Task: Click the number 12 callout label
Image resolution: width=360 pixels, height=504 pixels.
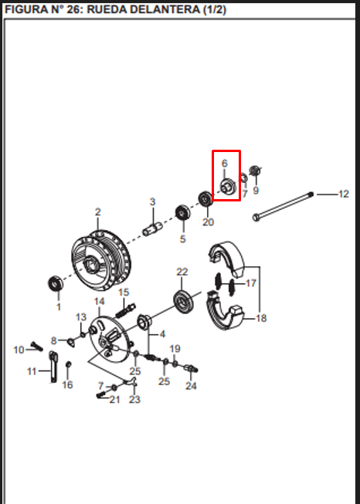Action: tap(344, 194)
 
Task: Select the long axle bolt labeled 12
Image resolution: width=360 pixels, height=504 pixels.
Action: tap(283, 206)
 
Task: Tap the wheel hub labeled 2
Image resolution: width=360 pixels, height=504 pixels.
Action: tap(100, 258)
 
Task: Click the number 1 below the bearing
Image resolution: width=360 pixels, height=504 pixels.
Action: tap(59, 307)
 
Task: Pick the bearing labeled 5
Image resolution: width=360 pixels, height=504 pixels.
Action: tap(182, 213)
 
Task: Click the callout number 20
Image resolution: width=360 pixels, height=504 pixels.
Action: tap(208, 222)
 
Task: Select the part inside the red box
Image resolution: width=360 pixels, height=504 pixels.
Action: tap(228, 187)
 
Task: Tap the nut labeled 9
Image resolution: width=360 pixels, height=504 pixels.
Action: tap(255, 171)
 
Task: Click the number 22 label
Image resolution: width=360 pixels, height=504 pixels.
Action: tap(182, 272)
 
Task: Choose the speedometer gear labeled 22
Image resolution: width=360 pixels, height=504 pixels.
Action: tap(184, 301)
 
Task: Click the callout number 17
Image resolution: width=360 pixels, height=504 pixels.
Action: tap(250, 283)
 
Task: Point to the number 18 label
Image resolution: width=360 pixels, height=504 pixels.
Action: tap(261, 318)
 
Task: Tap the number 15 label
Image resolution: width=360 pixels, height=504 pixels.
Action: tap(124, 293)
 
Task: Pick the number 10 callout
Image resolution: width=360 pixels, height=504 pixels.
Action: tap(19, 350)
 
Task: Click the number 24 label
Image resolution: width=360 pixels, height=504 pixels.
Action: tap(191, 385)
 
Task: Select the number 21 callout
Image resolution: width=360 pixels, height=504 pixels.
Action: tap(114, 400)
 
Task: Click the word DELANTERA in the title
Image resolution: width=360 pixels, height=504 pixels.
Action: tap(161, 9)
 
